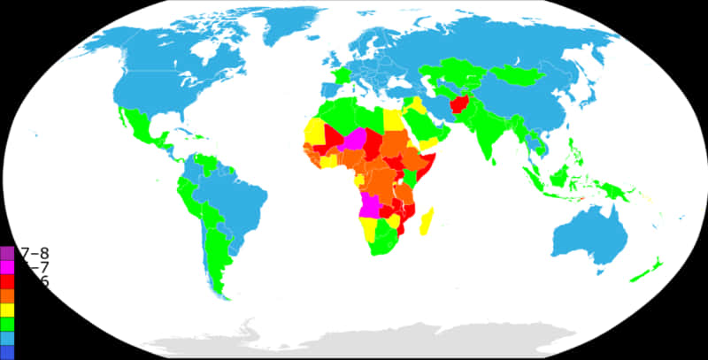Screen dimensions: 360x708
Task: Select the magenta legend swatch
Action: (7, 267)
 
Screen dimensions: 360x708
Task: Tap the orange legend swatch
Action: (7, 295)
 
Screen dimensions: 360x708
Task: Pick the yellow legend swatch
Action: (7, 310)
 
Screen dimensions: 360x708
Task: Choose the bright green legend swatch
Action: (7, 324)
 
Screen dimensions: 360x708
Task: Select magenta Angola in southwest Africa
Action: (373, 207)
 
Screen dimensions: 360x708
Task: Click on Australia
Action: (589, 234)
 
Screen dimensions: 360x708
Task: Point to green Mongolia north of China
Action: (522, 76)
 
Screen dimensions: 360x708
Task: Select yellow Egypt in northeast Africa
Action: (392, 121)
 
